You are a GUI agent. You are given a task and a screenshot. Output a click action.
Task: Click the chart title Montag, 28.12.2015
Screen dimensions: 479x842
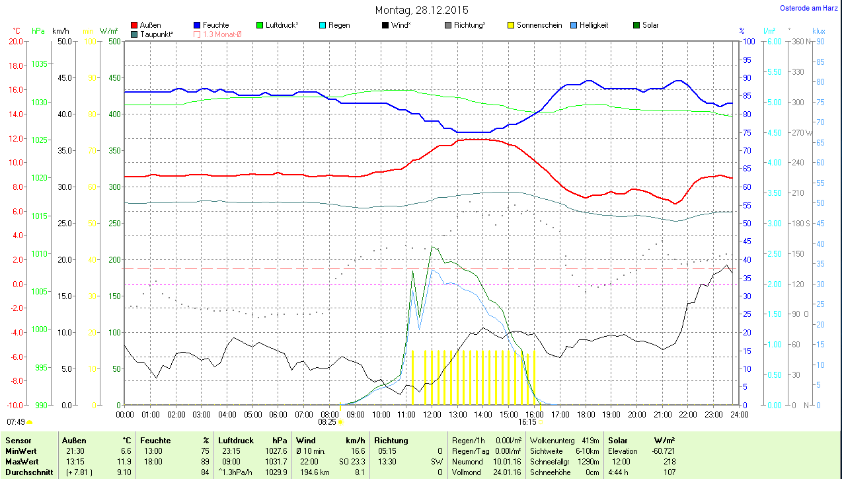point(422,10)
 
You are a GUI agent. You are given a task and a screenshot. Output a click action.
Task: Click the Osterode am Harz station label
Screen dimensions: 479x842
point(810,9)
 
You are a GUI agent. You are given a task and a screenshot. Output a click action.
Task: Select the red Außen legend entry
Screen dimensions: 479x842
point(150,25)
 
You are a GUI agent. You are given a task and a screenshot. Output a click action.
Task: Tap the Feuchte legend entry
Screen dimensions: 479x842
point(215,25)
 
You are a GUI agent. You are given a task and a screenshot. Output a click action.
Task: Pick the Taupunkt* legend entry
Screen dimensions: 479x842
point(157,34)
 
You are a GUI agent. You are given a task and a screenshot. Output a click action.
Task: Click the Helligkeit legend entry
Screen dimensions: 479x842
point(593,25)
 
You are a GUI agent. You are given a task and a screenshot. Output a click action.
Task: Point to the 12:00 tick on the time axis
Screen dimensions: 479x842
point(432,414)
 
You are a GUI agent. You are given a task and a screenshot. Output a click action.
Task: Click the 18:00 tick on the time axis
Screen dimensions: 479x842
point(586,414)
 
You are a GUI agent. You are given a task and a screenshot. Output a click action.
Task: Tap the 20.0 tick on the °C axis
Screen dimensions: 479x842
point(15,41)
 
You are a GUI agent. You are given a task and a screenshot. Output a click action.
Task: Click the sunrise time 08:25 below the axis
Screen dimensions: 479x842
point(327,421)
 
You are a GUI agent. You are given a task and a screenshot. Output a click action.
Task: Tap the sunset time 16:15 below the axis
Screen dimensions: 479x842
point(527,421)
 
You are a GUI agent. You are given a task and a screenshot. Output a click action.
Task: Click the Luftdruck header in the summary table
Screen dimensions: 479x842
point(237,440)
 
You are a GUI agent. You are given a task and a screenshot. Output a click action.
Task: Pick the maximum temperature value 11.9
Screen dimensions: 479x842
point(124,461)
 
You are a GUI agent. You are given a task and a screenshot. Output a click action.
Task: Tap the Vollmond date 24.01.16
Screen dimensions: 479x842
point(506,472)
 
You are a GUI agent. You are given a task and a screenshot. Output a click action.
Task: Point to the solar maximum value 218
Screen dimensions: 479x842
point(669,461)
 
